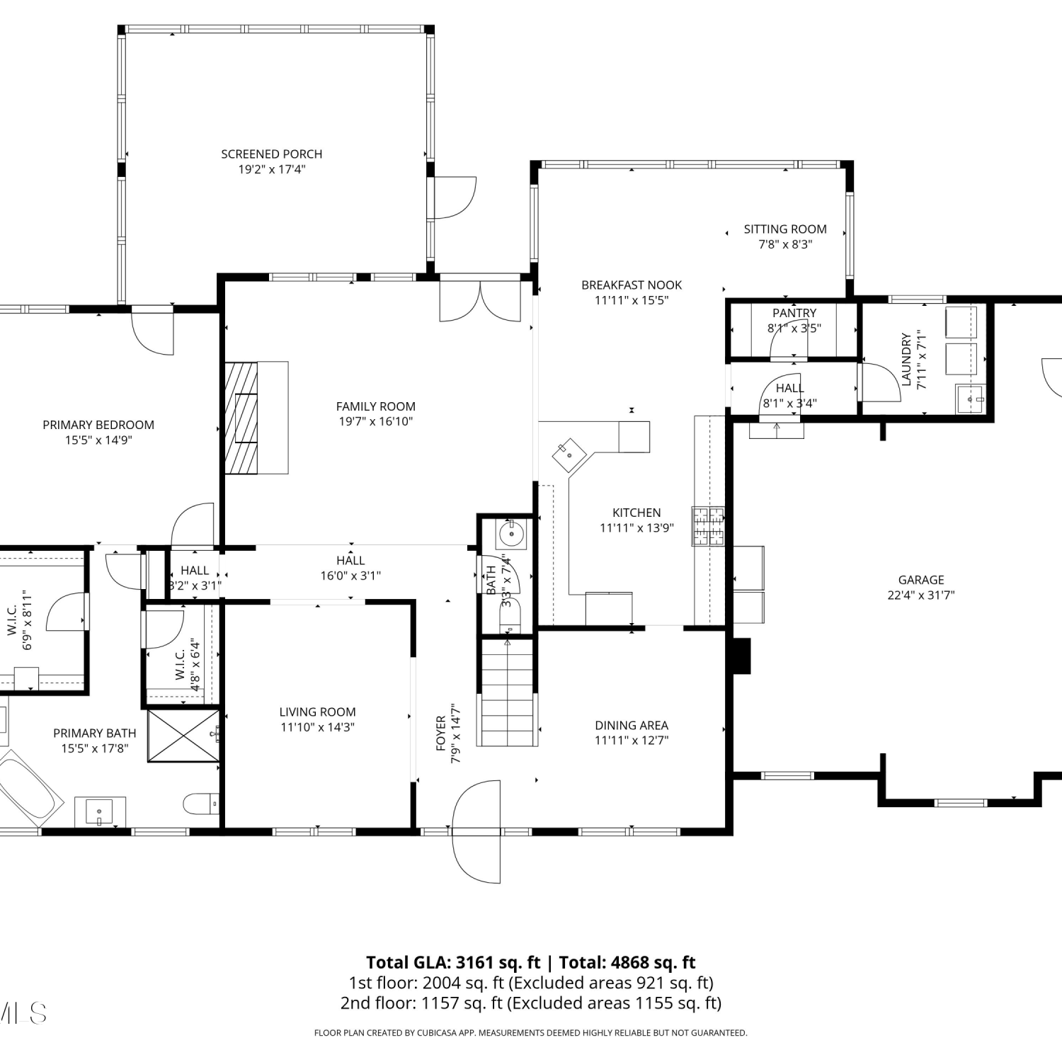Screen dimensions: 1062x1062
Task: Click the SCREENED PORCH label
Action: (271, 154)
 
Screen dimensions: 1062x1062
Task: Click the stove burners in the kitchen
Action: (709, 526)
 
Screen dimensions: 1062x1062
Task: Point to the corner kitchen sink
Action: (569, 456)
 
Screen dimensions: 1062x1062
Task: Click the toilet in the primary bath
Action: (201, 804)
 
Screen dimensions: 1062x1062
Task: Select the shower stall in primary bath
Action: (183, 735)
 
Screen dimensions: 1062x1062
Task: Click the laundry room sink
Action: (970, 399)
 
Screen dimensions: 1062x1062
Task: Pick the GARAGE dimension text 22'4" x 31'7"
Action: (921, 595)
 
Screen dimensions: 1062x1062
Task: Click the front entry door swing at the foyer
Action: (476, 831)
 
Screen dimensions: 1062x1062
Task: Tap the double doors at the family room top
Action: (480, 302)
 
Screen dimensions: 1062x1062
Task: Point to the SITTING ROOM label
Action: (785, 229)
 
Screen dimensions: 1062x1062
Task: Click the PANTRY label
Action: (794, 312)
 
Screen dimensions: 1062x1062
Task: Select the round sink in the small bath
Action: (511, 535)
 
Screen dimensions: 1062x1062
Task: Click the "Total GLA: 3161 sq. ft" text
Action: (453, 962)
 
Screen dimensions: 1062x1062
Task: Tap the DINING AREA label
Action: (632, 725)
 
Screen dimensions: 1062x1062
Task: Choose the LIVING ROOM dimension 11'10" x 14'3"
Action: (317, 727)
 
